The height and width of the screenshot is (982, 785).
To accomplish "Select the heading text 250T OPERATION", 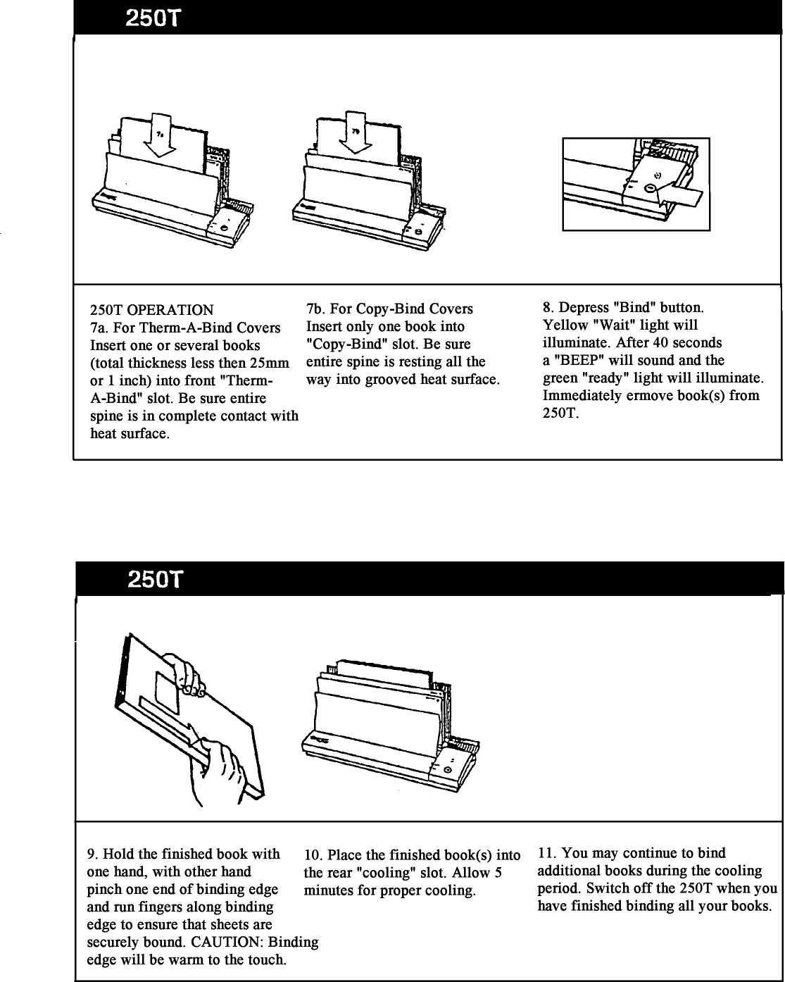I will [151, 310].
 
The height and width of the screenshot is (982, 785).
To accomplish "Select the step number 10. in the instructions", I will [313, 855].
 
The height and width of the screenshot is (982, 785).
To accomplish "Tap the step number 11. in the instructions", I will [548, 853].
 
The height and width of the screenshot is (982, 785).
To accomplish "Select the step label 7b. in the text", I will [315, 309].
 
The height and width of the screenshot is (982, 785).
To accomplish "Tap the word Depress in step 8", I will [585, 308].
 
